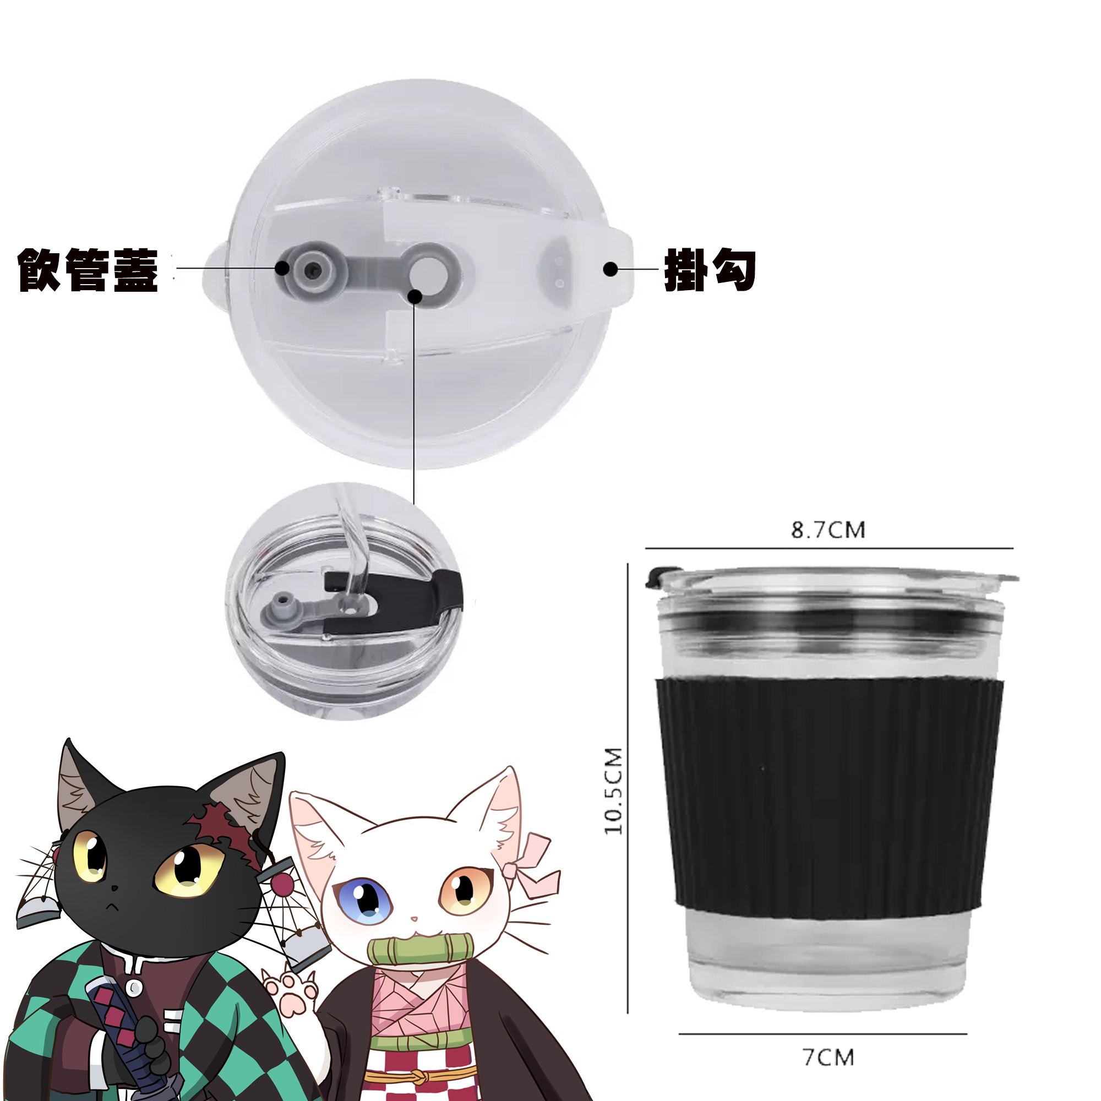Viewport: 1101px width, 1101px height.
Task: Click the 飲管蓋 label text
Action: [x=88, y=270]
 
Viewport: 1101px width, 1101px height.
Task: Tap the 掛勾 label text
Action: [x=710, y=270]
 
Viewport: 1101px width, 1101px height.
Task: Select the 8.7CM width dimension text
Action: [x=828, y=530]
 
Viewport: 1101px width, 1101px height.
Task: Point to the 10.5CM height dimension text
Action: [x=614, y=792]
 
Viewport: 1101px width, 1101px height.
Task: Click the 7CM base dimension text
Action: [x=829, y=1058]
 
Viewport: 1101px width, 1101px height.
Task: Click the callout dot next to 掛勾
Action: [x=611, y=270]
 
